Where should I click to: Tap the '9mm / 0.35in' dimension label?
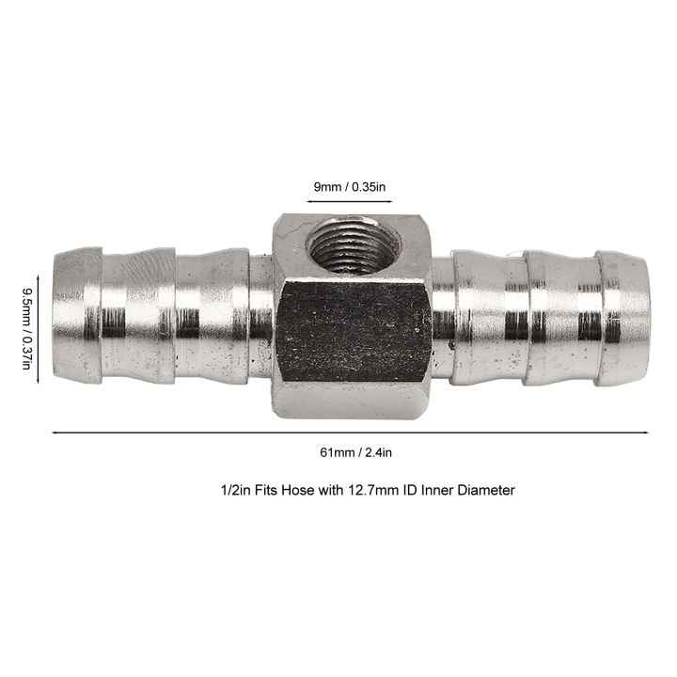[x=349, y=187]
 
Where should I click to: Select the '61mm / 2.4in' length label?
[x=349, y=452]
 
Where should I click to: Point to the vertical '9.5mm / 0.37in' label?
[x=25, y=329]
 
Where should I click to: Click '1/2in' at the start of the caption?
[x=225, y=490]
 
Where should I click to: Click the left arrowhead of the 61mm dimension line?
[x=55, y=433]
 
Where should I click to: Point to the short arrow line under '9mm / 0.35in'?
[x=349, y=200]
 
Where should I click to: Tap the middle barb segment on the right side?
[x=559, y=318]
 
